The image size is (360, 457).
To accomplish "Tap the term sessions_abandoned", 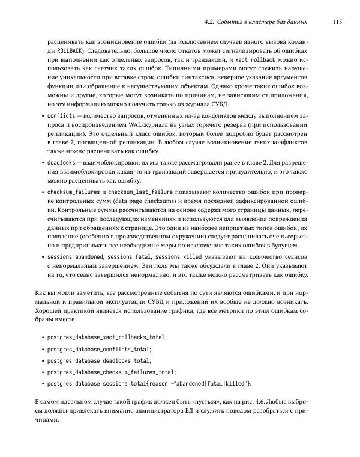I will tap(76, 256).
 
